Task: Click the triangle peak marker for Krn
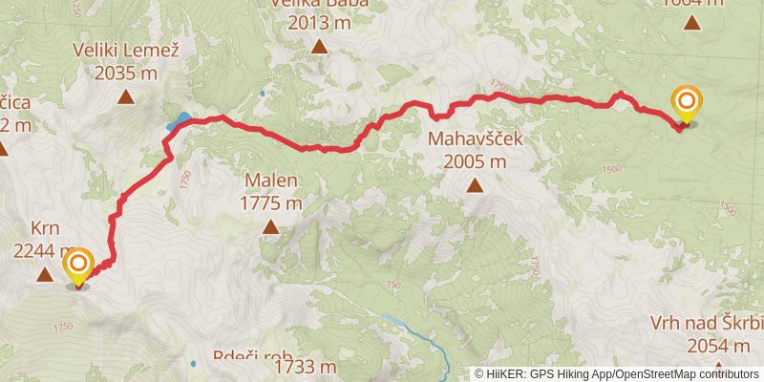click(44, 276)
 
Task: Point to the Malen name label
click(271, 180)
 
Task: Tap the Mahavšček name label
click(474, 138)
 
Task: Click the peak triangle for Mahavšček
click(474, 185)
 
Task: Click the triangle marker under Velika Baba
click(319, 46)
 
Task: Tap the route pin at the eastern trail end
click(686, 103)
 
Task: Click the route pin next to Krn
click(77, 265)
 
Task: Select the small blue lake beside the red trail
click(180, 121)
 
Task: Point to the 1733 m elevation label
click(305, 367)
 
